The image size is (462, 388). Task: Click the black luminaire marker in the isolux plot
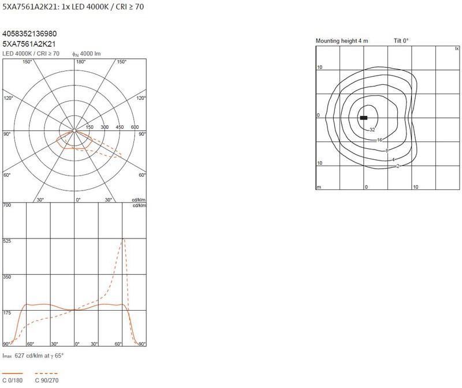[x=364, y=118]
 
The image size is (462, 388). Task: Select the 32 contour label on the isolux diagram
[x=372, y=130]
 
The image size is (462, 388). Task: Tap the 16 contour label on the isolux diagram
[x=379, y=140]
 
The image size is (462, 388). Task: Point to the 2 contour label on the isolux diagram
[x=398, y=166]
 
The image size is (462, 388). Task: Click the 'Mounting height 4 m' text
[x=342, y=40]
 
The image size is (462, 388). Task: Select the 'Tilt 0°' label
[x=401, y=40]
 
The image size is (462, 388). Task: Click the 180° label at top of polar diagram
[x=81, y=62]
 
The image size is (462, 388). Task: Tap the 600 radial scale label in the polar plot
[x=135, y=127]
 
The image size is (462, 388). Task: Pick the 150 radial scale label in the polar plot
[x=90, y=127]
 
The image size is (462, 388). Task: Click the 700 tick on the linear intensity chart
[x=7, y=205]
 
